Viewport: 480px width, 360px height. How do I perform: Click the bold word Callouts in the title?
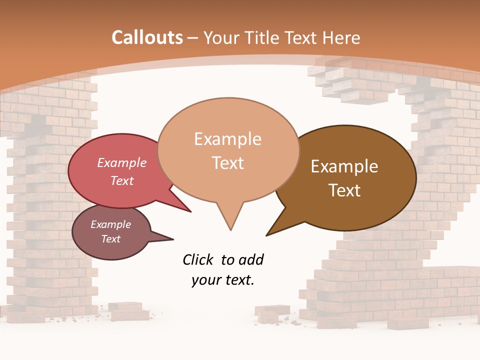point(147,37)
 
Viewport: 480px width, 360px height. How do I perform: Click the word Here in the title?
point(342,37)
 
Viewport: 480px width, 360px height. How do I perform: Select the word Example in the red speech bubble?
point(121,162)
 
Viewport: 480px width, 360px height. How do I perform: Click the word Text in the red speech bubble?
point(121,180)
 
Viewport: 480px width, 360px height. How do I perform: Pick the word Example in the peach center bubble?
point(227,139)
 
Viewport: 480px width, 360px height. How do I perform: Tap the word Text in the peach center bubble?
point(227,163)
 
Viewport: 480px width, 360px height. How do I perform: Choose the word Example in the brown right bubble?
point(344,166)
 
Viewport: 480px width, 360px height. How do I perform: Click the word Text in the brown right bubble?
point(344,190)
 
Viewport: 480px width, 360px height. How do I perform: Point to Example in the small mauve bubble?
point(110,224)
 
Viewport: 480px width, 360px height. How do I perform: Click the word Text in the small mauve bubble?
point(110,239)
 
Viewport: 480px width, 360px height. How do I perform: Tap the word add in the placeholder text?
point(250,259)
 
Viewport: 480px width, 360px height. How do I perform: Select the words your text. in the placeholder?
point(222,280)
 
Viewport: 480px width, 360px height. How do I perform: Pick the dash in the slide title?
point(193,38)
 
